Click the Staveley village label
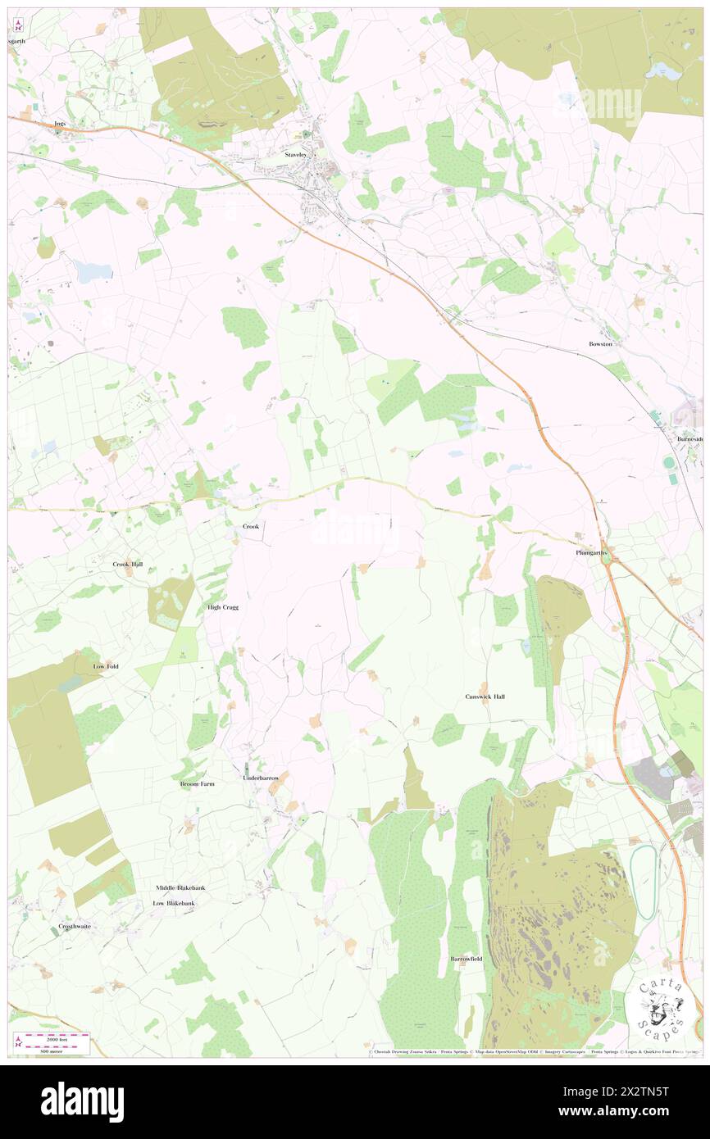[x=294, y=154]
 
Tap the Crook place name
[x=251, y=526]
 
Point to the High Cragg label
[x=223, y=607]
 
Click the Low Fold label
[x=106, y=666]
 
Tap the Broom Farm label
[x=197, y=784]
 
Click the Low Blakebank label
[x=175, y=903]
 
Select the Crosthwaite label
[x=75, y=927]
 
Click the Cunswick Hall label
[x=485, y=696]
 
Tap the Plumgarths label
[x=589, y=553]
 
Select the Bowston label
[x=600, y=344]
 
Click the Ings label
[x=59, y=123]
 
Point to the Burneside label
[x=690, y=439]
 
